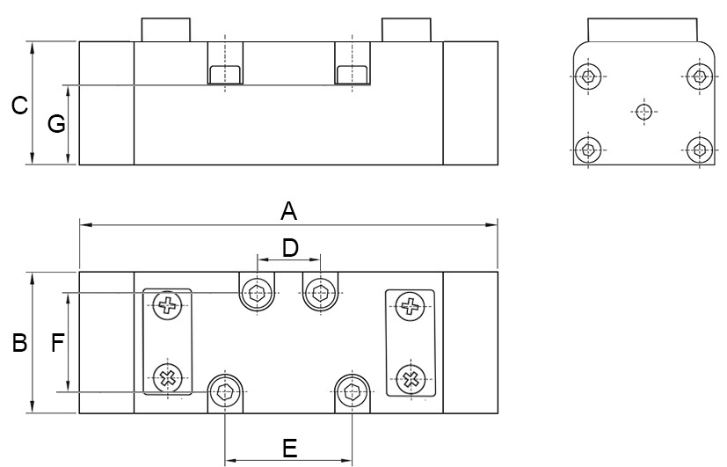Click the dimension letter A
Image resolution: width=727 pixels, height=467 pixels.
click(x=288, y=211)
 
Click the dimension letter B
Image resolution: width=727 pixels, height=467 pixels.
click(x=18, y=343)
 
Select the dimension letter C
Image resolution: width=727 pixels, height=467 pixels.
click(x=18, y=106)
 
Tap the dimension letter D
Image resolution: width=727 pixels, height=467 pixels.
click(x=289, y=247)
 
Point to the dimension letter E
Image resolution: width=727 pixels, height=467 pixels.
click(x=289, y=449)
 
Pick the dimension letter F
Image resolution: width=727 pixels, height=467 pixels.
click(x=58, y=343)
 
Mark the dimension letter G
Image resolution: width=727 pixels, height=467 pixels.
click(x=56, y=125)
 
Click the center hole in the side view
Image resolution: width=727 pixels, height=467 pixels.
click(x=644, y=111)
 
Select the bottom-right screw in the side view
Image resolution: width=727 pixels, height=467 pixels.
click(x=699, y=148)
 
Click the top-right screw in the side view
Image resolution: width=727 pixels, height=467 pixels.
click(x=699, y=77)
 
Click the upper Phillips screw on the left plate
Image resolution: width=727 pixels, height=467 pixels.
click(x=166, y=306)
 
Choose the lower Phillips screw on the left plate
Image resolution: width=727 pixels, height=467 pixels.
click(x=166, y=378)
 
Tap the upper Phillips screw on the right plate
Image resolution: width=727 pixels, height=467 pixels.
click(x=410, y=306)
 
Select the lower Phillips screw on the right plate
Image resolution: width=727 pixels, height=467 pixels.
click(x=410, y=378)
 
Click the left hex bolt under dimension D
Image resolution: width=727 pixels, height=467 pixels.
click(x=257, y=293)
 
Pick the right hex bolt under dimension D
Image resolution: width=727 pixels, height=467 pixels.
click(x=320, y=293)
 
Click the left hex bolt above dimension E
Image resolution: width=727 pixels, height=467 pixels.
click(x=226, y=391)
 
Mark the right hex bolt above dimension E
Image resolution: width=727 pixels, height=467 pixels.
click(x=353, y=391)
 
